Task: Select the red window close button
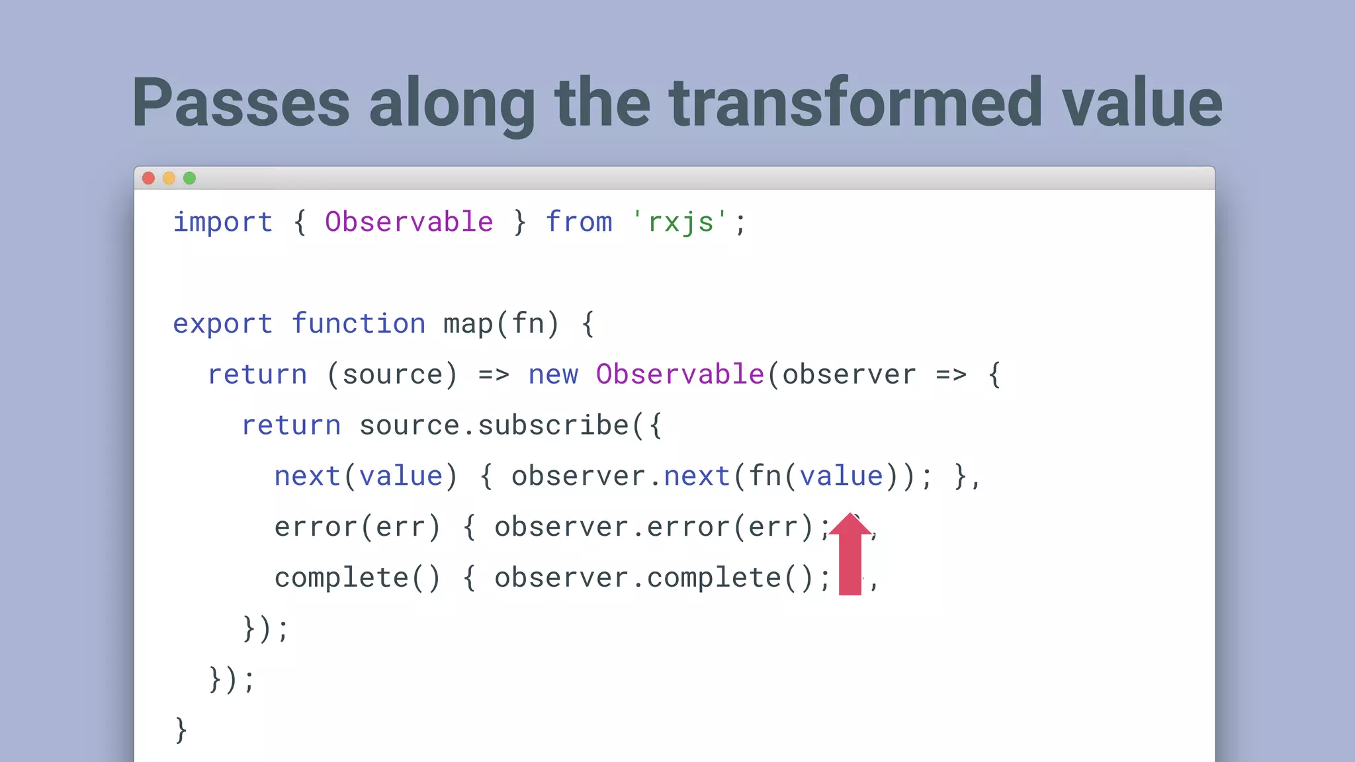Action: (x=149, y=178)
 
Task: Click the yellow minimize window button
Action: (x=169, y=178)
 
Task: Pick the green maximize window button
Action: (x=190, y=178)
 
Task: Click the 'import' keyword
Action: (x=222, y=222)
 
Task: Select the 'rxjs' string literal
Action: (x=680, y=222)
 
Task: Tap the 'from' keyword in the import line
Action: (x=579, y=222)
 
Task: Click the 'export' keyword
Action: (x=222, y=324)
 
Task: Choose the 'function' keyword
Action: (x=359, y=324)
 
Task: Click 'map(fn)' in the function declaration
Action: (x=501, y=324)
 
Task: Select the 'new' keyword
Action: (x=553, y=375)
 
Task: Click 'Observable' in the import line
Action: (x=409, y=222)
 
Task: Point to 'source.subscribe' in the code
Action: (x=494, y=425)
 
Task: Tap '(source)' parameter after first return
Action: (x=392, y=375)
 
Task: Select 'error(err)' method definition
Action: (x=357, y=527)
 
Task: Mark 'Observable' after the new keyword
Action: (x=680, y=375)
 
